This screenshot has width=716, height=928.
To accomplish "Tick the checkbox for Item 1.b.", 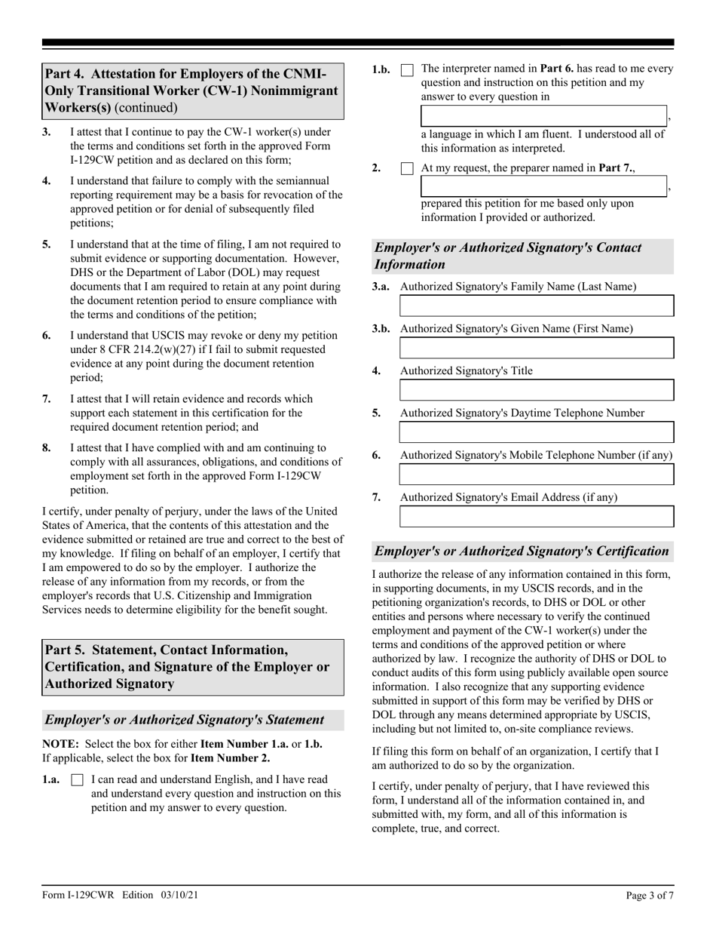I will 407,69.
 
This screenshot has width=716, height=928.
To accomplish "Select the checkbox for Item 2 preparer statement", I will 407,169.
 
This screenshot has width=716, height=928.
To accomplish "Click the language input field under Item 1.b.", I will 543,115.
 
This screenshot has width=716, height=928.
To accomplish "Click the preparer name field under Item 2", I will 543,186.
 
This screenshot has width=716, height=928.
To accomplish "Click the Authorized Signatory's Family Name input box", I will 536,306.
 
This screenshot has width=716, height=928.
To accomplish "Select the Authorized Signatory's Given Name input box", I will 536,348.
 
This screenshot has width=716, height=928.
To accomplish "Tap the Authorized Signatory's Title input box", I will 536,390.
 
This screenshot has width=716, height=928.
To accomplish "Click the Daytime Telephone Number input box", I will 536,432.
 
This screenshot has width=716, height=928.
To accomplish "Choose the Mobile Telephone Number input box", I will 536,475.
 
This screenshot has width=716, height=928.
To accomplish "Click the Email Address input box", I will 536,517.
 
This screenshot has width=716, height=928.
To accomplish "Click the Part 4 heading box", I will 193,91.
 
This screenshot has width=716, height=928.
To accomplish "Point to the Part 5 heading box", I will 193,667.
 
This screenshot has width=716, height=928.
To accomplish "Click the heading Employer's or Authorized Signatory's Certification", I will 522,551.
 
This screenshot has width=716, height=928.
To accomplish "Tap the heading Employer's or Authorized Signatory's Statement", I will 193,720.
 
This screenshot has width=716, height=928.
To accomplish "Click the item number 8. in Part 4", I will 47,447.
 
